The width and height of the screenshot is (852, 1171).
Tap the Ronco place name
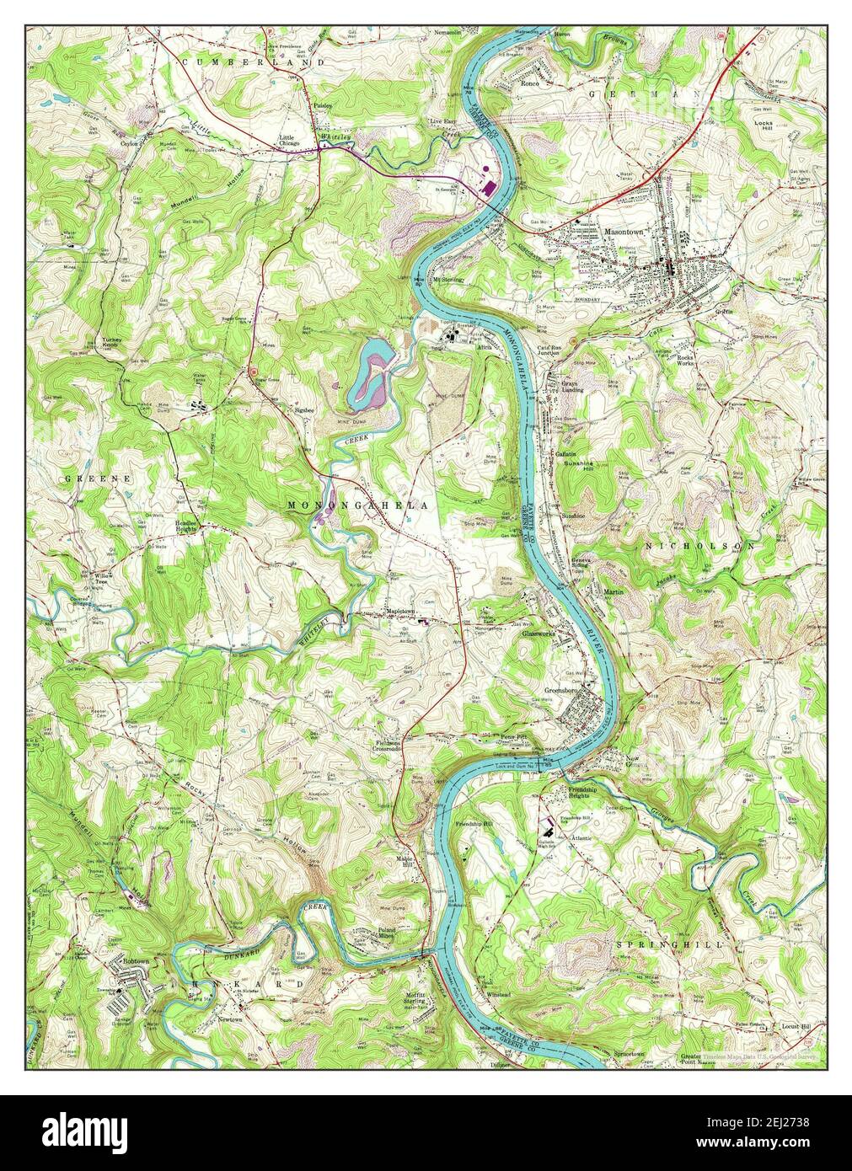coord(529,84)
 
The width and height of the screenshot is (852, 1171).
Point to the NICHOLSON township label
coord(700,546)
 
